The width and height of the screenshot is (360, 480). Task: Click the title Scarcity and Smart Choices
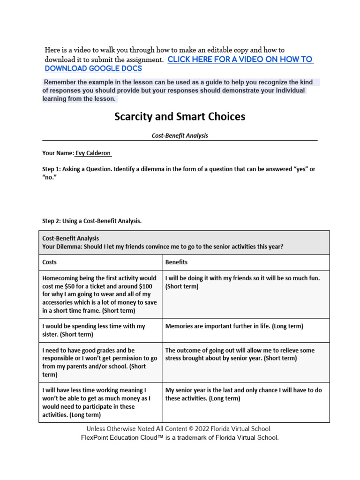coord(180,117)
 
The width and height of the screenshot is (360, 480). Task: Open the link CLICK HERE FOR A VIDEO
coord(240,60)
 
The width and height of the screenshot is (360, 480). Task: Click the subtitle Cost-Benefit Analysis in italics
coord(180,135)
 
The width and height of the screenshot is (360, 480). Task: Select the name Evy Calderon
coord(93,153)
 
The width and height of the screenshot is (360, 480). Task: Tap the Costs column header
coord(49,262)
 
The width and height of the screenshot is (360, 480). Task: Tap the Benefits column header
coord(176,262)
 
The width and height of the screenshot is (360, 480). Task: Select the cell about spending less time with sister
coord(93,330)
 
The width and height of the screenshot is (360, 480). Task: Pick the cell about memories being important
coord(234,326)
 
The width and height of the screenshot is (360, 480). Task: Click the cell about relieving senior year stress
coord(240,354)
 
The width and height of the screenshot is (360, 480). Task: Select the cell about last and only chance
coord(243,394)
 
